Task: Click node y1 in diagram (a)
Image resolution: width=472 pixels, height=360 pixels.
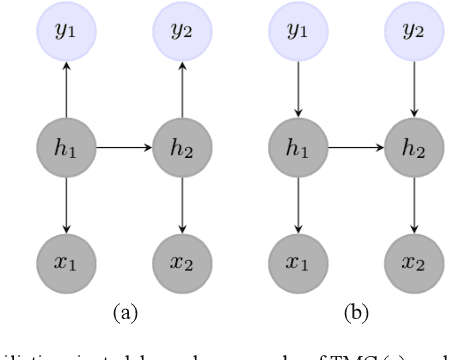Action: tap(65, 31)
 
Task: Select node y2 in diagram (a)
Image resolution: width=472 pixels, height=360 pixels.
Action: tap(181, 31)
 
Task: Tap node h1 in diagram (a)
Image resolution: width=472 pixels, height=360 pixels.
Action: tap(65, 148)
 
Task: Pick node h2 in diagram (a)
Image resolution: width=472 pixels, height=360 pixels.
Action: tap(181, 148)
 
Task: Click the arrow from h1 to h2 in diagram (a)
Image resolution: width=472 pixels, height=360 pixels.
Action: tap(123, 148)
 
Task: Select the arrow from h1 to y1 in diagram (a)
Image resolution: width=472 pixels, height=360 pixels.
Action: tap(65, 90)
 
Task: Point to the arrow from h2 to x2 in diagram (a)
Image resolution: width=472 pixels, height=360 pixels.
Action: tap(181, 206)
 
